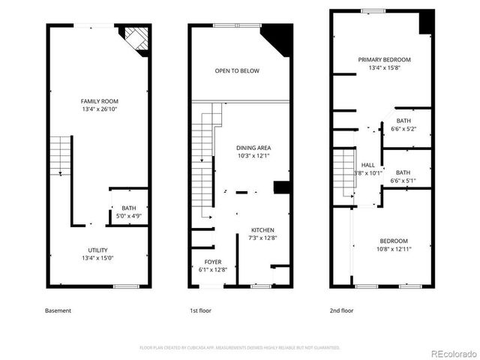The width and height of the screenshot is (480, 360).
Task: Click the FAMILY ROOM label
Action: coord(100,106)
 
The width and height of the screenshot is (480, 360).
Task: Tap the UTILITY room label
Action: coord(100,254)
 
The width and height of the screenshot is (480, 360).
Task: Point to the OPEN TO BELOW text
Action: coord(237,71)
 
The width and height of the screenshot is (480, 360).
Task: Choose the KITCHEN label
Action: coord(262,233)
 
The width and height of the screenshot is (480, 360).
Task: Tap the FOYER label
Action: coord(213,265)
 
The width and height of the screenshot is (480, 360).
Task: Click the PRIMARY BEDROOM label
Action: coord(384,64)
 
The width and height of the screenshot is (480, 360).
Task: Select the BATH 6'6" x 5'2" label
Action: coord(403,124)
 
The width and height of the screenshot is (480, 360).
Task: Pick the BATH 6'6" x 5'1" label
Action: coord(403,175)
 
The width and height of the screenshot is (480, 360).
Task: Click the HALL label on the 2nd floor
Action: coord(367,169)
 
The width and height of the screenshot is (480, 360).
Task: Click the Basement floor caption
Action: coord(58,310)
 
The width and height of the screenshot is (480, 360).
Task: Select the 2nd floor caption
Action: coord(341,310)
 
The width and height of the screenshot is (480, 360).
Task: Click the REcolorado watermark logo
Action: coord(452,352)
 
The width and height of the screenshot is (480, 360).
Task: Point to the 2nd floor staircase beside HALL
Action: coord(343,172)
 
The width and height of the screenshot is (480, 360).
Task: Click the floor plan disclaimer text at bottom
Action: coord(240,347)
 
